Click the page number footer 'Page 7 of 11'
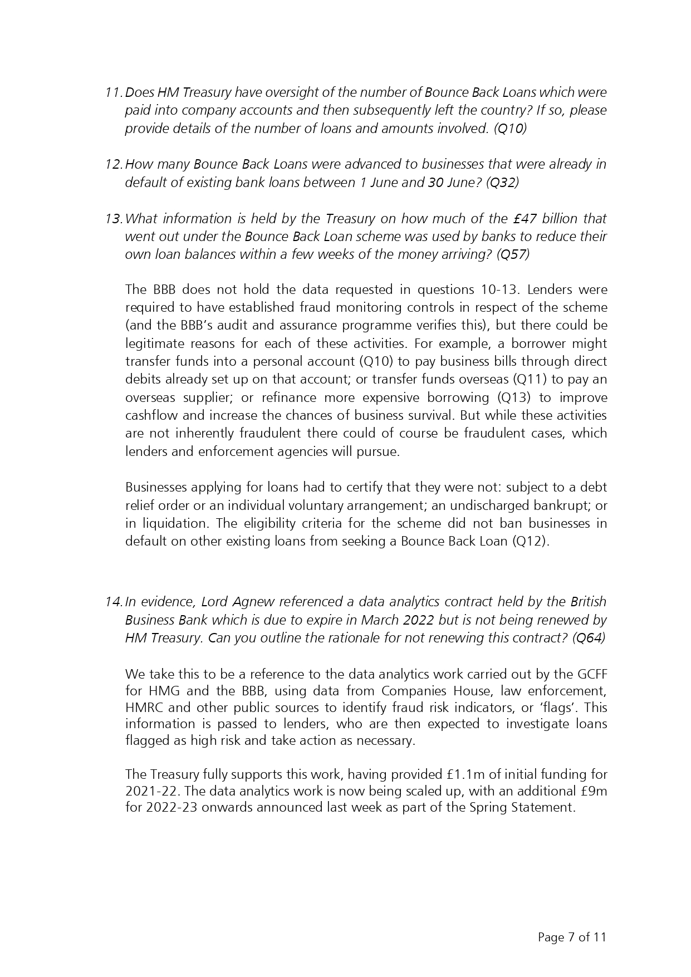572,937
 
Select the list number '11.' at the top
114,92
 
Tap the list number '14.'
114,602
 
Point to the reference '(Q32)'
502,183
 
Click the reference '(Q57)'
513,254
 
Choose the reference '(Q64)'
589,638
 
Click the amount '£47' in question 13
525,219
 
